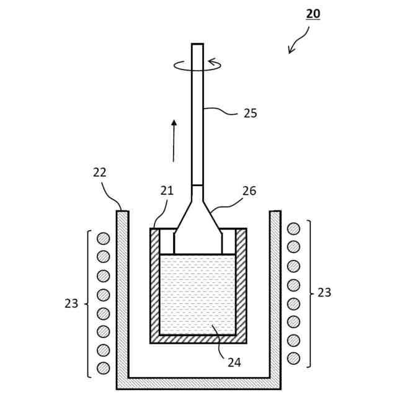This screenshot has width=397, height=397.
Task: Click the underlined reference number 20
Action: (313, 13)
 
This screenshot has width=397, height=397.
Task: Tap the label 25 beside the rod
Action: (250, 113)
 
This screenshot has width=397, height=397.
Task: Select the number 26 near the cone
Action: (249, 191)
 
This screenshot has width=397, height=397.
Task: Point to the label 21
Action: (167, 191)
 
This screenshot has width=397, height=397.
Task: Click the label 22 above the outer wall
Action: (100, 172)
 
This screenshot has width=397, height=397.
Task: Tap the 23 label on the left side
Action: (71, 303)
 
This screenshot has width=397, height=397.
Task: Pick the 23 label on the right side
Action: (324, 293)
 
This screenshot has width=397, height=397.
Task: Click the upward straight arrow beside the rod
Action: (174, 140)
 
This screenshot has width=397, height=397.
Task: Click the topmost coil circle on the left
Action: (104, 238)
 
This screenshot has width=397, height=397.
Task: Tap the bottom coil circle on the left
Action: (104, 368)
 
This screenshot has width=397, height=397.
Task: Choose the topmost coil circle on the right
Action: (293, 229)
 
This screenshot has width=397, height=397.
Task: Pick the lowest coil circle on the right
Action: (293, 358)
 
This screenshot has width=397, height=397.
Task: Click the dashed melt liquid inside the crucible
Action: (197, 292)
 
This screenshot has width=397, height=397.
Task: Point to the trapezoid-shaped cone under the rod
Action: (197, 226)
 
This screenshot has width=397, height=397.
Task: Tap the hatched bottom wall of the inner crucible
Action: (198, 339)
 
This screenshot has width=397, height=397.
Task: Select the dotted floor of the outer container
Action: (198, 383)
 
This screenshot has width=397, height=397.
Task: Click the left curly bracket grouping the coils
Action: (87, 303)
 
